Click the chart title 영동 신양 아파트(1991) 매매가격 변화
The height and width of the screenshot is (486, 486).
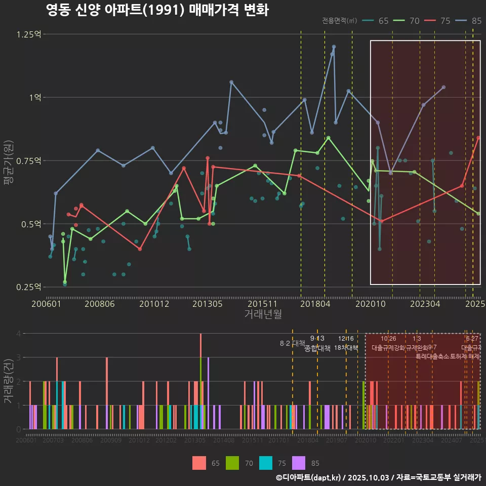(157, 10)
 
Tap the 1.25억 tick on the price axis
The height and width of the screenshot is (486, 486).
(29, 34)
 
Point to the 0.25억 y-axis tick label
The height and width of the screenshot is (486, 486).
(29, 287)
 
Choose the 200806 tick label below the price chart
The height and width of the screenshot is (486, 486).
(100, 304)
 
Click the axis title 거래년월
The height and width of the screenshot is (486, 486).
(263, 314)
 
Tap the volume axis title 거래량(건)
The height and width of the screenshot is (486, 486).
(8, 382)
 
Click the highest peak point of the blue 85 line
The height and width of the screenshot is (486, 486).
(334, 47)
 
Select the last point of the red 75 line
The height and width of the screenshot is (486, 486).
(478, 138)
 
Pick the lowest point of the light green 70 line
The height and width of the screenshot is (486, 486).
(65, 282)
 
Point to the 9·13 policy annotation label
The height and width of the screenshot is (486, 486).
(317, 338)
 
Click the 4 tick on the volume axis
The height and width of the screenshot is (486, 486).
(18, 334)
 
